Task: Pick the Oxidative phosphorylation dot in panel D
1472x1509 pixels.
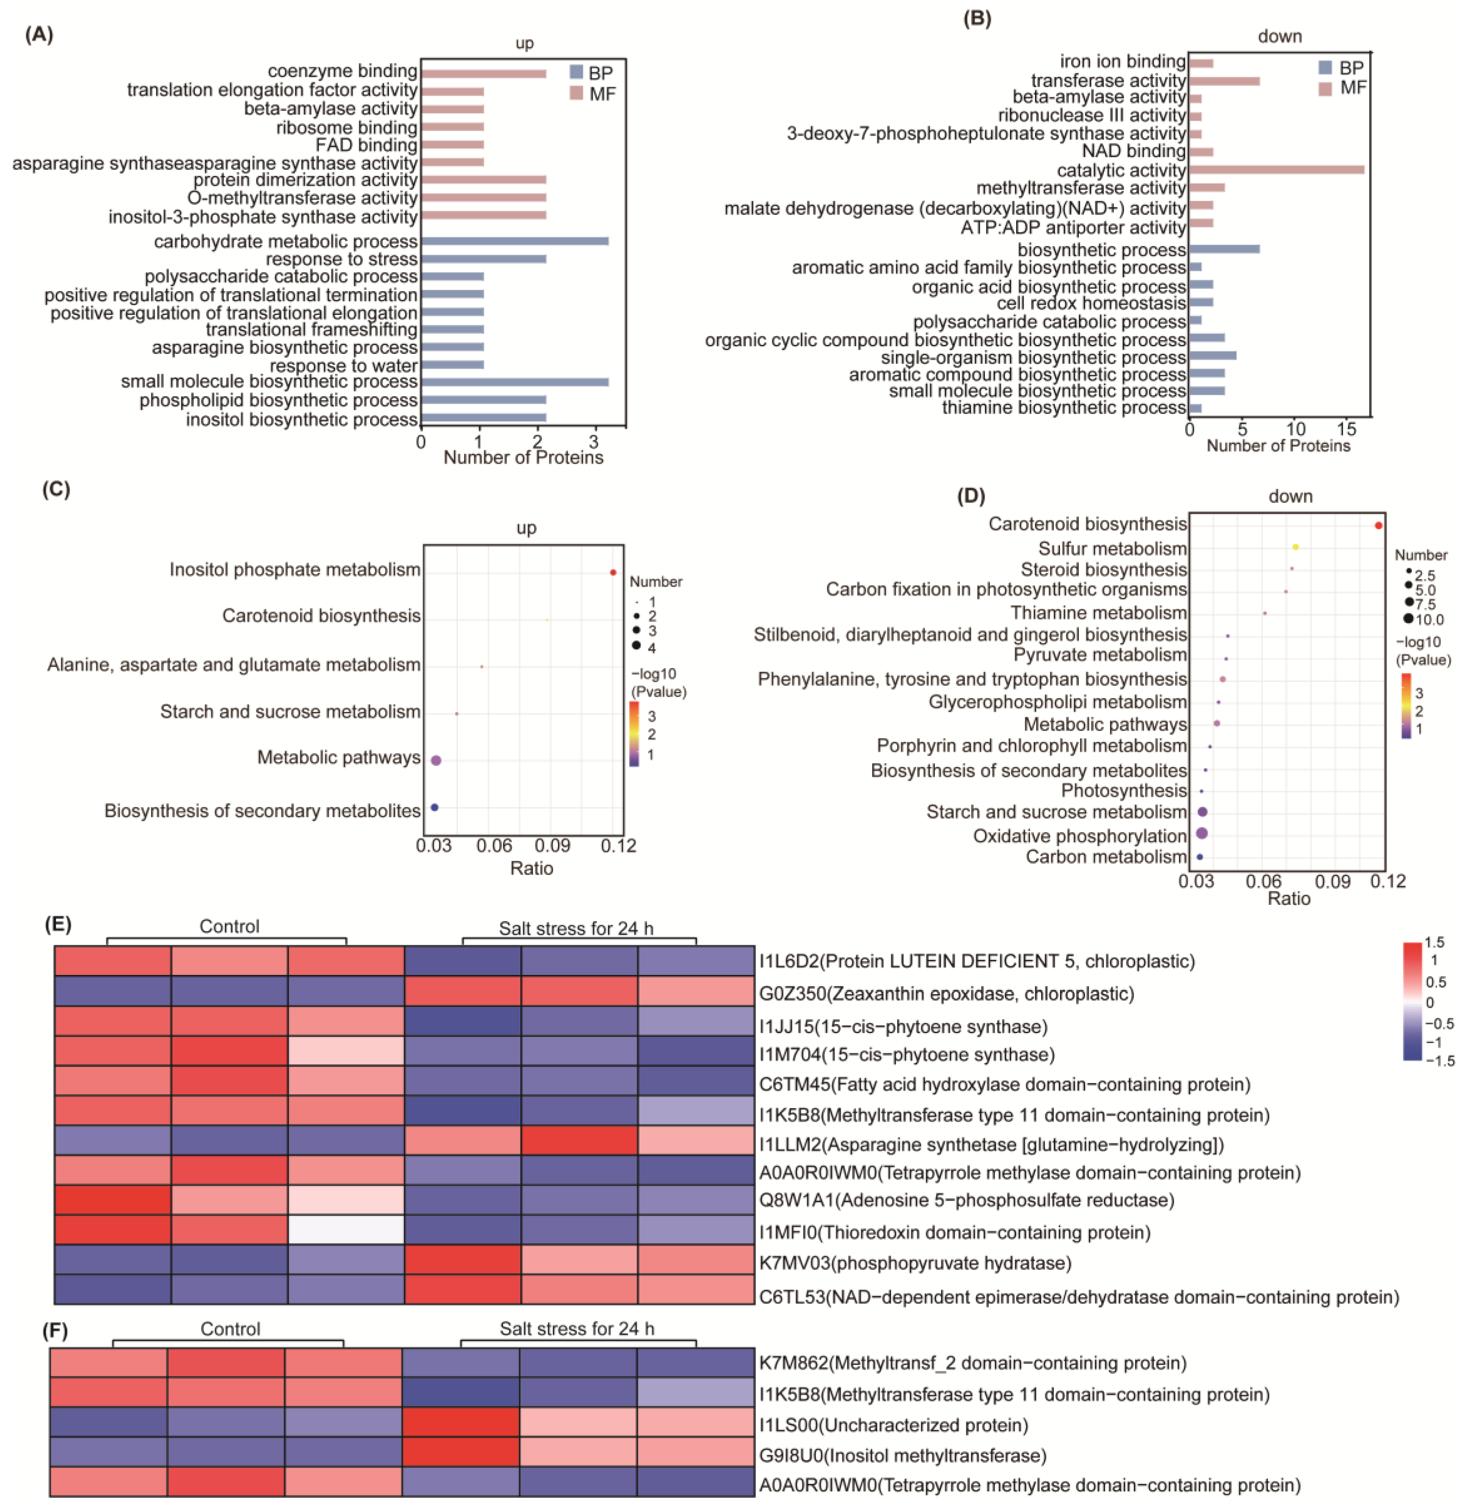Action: point(1201,833)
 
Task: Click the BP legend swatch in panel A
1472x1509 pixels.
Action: point(576,72)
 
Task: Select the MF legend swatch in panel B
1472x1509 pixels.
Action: point(1325,88)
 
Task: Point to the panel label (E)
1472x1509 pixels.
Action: point(58,924)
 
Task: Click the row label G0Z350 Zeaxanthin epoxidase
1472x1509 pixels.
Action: point(946,994)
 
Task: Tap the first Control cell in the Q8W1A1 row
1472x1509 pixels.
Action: point(113,1200)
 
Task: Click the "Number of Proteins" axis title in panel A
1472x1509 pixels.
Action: point(523,458)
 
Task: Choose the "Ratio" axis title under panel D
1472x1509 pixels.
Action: point(1289,898)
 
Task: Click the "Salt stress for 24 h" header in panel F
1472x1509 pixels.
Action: point(577,1329)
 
